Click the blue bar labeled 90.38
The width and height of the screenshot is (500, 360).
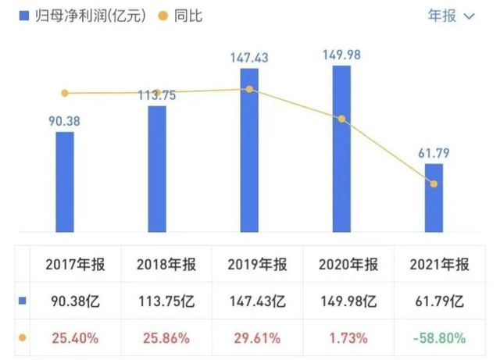click(65, 181)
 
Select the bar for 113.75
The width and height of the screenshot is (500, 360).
click(157, 168)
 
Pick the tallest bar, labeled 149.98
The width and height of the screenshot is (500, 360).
click(341, 148)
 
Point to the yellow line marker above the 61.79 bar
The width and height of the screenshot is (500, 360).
click(434, 184)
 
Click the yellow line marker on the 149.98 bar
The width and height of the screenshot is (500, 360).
click(341, 119)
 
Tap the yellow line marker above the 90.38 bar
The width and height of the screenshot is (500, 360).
click(65, 93)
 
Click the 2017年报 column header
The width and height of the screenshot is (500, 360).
click(71, 265)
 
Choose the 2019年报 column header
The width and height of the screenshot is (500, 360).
click(255, 265)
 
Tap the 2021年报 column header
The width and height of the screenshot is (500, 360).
click(439, 265)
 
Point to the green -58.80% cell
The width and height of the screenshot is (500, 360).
click(439, 338)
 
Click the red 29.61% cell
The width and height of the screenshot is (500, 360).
click(255, 338)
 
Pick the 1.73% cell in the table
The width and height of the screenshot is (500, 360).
click(347, 338)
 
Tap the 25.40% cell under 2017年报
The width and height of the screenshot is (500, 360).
click(71, 338)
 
